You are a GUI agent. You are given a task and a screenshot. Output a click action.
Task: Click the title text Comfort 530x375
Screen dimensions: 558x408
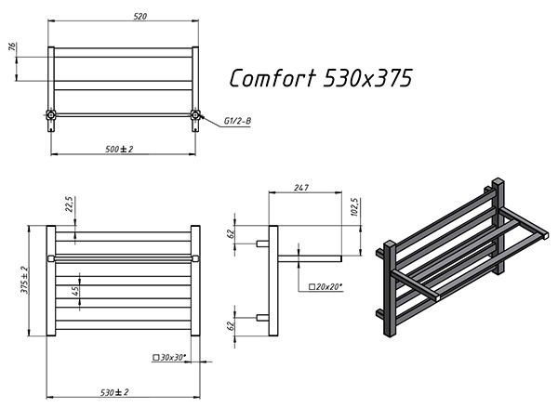pos(321,78)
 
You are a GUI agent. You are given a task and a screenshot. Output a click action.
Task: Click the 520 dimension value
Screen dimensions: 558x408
pos(139,16)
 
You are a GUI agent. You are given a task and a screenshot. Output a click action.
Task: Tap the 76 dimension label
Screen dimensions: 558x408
pos(12,46)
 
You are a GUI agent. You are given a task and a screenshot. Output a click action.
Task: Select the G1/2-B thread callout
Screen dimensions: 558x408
pos(237,122)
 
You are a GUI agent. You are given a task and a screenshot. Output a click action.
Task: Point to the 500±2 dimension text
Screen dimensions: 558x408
pos(119,149)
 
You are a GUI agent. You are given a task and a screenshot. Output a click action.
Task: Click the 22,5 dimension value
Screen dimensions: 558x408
pos(69,204)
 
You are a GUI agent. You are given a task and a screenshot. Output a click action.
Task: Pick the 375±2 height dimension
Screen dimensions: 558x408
pos(24,280)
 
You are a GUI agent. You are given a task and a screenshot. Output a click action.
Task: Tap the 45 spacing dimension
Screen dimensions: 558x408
pos(75,291)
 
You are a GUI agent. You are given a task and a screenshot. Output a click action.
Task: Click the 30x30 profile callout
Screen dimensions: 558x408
pos(169,358)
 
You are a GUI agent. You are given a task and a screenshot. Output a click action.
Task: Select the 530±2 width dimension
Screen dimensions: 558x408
pos(114,392)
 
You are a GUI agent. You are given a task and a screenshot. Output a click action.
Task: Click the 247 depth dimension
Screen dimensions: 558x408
pos(301,188)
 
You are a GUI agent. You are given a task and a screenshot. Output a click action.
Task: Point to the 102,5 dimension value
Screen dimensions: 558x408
pos(355,207)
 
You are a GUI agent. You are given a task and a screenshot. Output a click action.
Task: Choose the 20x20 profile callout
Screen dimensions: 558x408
pos(325,286)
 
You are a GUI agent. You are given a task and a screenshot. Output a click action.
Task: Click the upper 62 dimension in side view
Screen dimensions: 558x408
pos(231,233)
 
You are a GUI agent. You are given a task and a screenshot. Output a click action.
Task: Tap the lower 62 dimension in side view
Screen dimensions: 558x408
pos(231,325)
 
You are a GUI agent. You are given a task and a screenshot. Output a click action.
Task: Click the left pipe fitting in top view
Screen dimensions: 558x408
pos(51,114)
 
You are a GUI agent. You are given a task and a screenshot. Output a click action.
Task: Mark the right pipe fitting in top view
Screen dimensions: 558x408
pos(195,114)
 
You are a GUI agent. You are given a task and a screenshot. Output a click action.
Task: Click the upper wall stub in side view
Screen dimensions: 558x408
pos(262,243)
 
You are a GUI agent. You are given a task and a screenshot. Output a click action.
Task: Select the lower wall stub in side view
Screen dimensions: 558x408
pos(262,317)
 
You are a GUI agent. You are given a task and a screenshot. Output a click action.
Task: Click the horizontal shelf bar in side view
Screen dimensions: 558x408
pos(310,258)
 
